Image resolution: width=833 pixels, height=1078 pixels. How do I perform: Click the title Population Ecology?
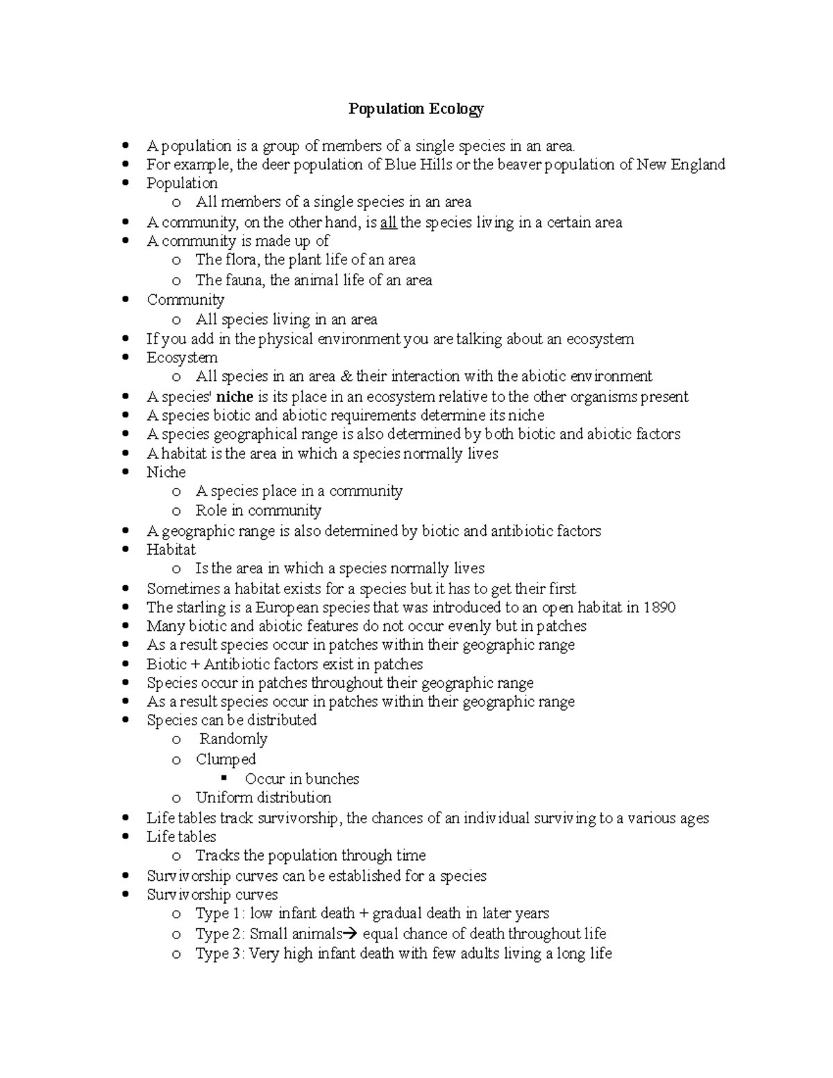416,108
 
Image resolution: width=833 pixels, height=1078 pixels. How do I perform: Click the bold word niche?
235,397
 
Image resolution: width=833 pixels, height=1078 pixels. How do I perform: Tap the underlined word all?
389,223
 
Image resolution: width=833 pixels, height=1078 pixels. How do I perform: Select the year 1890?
659,607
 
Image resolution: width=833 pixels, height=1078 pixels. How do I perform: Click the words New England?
680,165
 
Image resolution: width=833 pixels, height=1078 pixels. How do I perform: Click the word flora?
242,260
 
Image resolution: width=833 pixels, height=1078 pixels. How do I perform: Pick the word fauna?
244,280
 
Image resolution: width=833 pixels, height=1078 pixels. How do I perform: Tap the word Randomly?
233,739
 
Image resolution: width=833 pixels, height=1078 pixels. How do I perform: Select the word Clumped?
226,759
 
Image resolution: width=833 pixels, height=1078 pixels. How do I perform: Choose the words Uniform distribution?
263,798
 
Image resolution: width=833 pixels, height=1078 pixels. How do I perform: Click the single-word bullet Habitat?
171,549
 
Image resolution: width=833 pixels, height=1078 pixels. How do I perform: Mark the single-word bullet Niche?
166,472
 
